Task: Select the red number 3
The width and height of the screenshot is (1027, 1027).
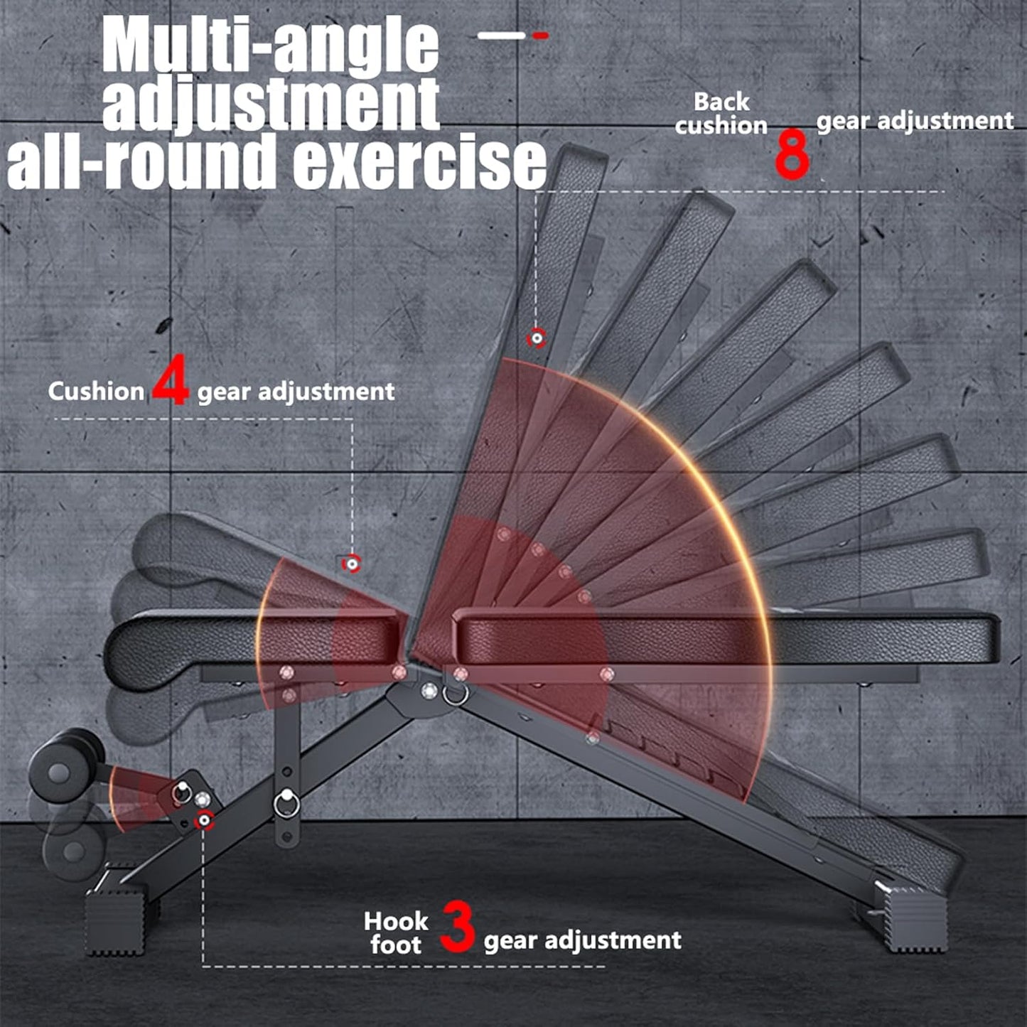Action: (456, 926)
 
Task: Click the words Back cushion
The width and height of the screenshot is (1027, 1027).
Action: (721, 114)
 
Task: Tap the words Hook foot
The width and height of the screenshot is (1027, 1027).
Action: (396, 933)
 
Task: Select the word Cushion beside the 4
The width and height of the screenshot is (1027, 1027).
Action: (96, 392)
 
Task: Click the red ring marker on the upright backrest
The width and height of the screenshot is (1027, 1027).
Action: (537, 338)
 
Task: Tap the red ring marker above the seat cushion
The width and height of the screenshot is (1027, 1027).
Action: (351, 564)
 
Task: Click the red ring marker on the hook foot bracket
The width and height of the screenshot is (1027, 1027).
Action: (205, 820)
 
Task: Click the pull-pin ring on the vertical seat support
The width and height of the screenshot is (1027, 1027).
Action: (287, 803)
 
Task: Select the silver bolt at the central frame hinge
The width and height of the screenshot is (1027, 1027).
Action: (429, 690)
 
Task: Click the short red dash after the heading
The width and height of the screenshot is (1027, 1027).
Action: (541, 35)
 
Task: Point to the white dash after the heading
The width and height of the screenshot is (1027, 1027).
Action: (501, 35)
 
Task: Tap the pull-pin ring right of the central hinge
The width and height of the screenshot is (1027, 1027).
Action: (455, 693)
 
